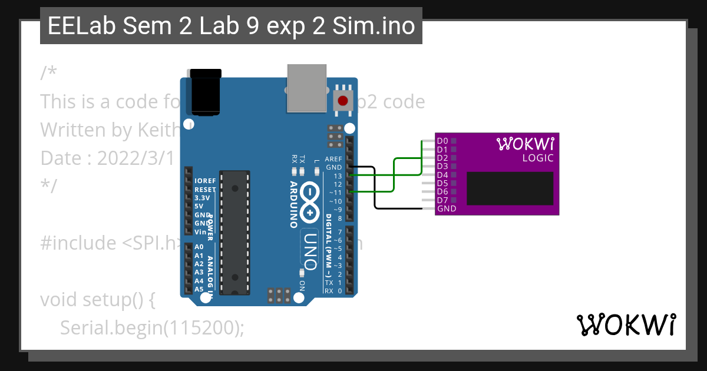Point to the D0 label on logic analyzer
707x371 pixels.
point(442,141)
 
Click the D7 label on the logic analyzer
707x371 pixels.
point(442,200)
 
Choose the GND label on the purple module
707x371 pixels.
point(447,208)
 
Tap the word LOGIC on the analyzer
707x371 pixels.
point(538,158)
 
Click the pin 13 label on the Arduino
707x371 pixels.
point(337,176)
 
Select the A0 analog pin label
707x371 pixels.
point(199,247)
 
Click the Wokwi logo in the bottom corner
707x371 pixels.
point(626,324)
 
